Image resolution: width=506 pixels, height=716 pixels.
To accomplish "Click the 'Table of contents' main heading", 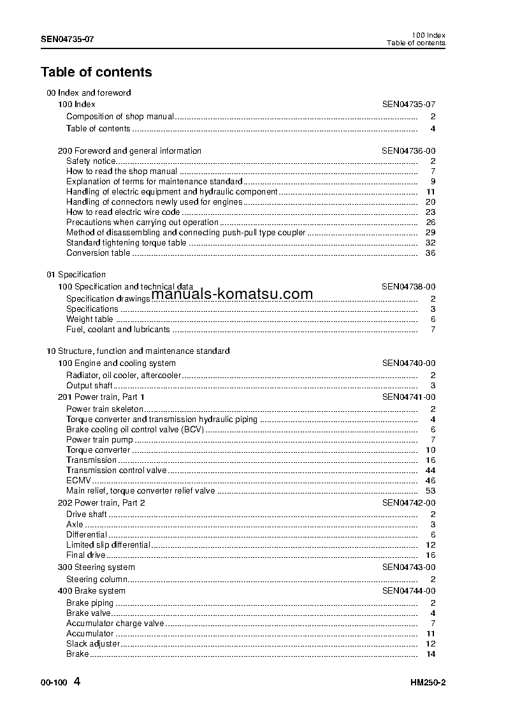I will click(96, 72).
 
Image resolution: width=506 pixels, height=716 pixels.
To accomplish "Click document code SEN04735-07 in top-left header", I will click(68, 39).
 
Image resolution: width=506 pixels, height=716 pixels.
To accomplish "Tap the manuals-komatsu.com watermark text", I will click(233, 294).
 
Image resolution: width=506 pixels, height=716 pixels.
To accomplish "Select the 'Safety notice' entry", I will click(90, 161).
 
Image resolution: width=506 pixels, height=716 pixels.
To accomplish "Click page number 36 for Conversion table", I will click(430, 253).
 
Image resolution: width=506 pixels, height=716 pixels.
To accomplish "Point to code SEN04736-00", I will click(408, 151).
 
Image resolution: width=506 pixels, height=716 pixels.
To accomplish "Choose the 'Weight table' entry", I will click(89, 319).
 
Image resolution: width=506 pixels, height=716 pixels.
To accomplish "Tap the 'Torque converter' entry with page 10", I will click(98, 450).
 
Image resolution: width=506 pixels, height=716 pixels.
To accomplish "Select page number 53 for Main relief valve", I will click(430, 491).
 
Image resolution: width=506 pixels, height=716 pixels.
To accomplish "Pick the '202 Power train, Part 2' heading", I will click(101, 503).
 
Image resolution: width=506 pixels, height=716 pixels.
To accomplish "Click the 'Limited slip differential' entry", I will click(108, 545).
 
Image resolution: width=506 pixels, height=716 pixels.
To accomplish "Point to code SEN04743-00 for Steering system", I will click(408, 567).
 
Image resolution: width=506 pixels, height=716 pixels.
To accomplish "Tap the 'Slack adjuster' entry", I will click(93, 644).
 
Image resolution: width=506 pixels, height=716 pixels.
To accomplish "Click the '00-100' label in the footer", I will click(52, 683).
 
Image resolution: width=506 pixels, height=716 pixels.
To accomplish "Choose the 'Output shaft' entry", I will click(89, 386).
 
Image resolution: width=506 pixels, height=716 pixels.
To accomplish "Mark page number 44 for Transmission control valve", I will click(430, 471).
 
